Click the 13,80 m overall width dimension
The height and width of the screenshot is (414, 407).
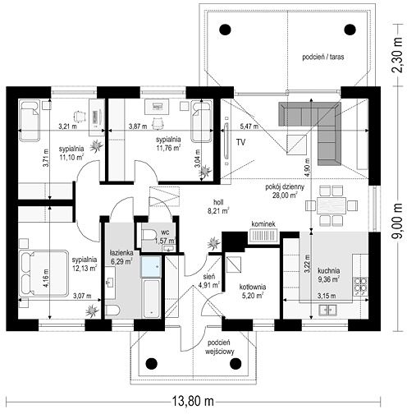(x=193, y=402)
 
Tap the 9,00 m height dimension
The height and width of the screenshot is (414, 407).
(x=398, y=221)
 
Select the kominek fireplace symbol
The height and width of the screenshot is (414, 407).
(x=263, y=236)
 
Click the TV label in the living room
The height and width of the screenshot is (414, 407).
(x=241, y=142)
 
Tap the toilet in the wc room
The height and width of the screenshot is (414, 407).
(x=149, y=235)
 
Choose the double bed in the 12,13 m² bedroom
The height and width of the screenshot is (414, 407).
(x=43, y=273)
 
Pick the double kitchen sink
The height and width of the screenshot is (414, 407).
(x=327, y=310)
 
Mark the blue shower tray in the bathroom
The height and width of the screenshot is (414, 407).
(x=151, y=266)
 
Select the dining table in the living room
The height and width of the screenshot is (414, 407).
(x=332, y=205)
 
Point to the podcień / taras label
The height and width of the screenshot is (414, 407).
(x=323, y=57)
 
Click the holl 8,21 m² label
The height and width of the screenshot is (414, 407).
(x=222, y=206)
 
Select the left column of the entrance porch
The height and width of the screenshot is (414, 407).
(x=151, y=363)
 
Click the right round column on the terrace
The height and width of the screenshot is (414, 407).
(x=350, y=30)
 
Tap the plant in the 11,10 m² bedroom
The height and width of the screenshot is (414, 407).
(x=96, y=145)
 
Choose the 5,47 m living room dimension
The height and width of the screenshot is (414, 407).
(x=249, y=126)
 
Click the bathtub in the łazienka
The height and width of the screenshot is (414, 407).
(x=151, y=298)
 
